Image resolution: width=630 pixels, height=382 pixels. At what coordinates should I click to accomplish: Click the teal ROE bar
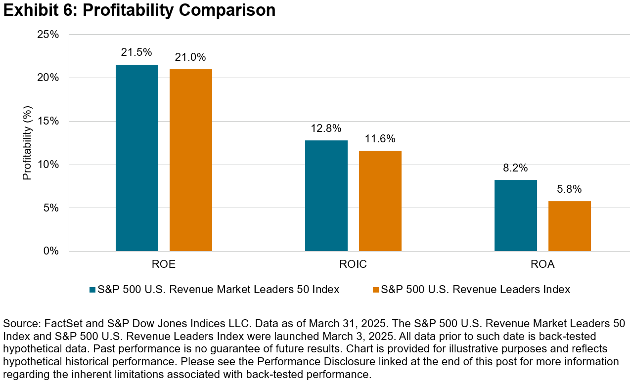pyautogui.click(x=136, y=158)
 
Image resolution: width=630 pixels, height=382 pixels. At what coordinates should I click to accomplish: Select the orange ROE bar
pyautogui.click(x=191, y=160)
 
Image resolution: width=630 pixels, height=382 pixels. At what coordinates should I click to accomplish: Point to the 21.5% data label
pyautogui.click(x=136, y=52)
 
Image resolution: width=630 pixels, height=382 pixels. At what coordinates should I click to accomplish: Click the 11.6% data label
pyautogui.click(x=380, y=139)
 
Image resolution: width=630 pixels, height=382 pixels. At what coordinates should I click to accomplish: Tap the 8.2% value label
pyautogui.click(x=515, y=168)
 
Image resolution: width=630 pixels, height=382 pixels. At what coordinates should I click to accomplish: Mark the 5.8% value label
pyautogui.click(x=570, y=189)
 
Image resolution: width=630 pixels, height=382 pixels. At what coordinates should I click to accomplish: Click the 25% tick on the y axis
pyautogui.click(x=48, y=35)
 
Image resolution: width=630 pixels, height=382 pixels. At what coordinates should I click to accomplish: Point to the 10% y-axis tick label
pyautogui.click(x=48, y=165)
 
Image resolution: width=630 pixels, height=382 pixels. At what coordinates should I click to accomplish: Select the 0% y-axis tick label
pyautogui.click(x=51, y=251)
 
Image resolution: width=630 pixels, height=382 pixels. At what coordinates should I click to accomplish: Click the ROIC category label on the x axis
pyautogui.click(x=353, y=264)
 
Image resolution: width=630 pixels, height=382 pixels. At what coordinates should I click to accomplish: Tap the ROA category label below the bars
pyautogui.click(x=542, y=264)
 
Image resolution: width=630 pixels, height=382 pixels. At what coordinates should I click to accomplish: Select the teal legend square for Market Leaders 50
pyautogui.click(x=92, y=290)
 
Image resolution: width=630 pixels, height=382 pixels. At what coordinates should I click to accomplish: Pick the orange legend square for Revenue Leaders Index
pyautogui.click(x=375, y=290)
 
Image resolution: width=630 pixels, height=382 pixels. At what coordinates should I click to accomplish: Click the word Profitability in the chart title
pyautogui.click(x=129, y=10)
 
